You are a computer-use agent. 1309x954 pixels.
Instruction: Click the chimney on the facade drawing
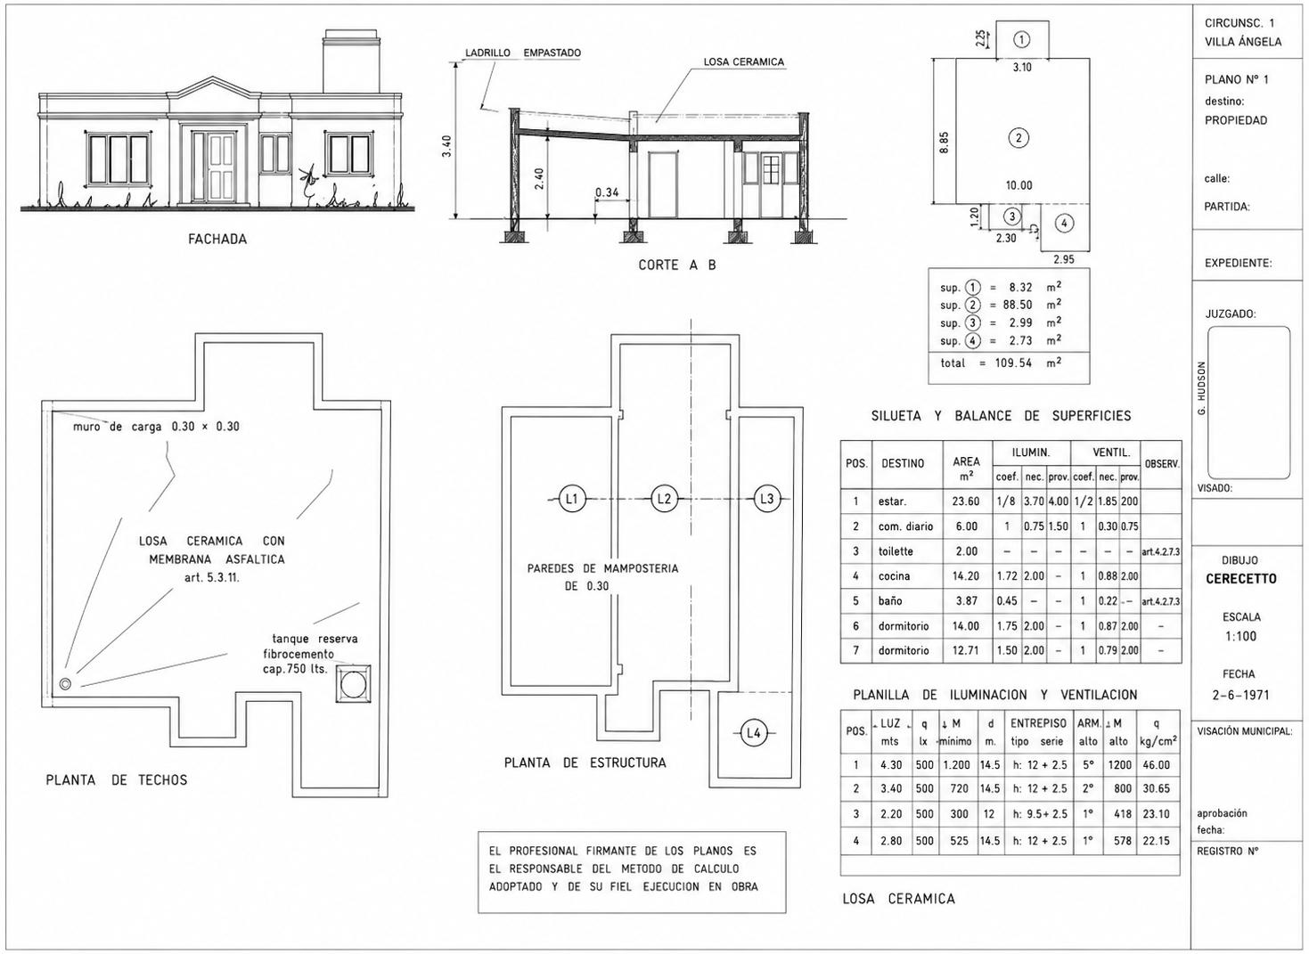coord(352,62)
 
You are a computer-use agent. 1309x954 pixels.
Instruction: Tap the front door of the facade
coord(222,169)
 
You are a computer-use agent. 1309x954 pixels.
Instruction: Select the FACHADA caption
coord(217,239)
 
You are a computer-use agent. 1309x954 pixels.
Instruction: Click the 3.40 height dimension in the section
coord(447,146)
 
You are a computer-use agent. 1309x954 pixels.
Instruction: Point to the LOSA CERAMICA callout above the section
coord(744,62)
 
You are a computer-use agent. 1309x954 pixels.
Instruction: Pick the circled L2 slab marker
coord(665,499)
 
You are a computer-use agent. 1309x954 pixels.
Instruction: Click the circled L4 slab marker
coord(754,733)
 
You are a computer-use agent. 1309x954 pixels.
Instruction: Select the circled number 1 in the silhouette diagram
coord(1021,40)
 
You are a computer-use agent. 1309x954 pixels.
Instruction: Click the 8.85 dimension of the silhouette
coord(945,142)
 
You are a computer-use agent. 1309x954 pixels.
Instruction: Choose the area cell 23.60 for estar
coord(966,501)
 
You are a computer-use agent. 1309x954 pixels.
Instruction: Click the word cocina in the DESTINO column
coord(894,576)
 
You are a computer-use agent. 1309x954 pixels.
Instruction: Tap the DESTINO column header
coord(903,463)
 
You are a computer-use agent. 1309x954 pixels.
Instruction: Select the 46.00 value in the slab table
coord(1156,765)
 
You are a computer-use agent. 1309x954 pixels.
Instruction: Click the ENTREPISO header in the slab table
coord(1038,723)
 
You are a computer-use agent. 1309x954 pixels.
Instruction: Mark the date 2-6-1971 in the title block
coord(1240,695)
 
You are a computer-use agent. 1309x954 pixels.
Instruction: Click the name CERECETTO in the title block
coord(1241,579)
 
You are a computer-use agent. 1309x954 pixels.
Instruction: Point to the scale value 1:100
coord(1241,636)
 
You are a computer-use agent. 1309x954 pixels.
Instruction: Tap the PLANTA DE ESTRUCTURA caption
coord(585,762)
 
